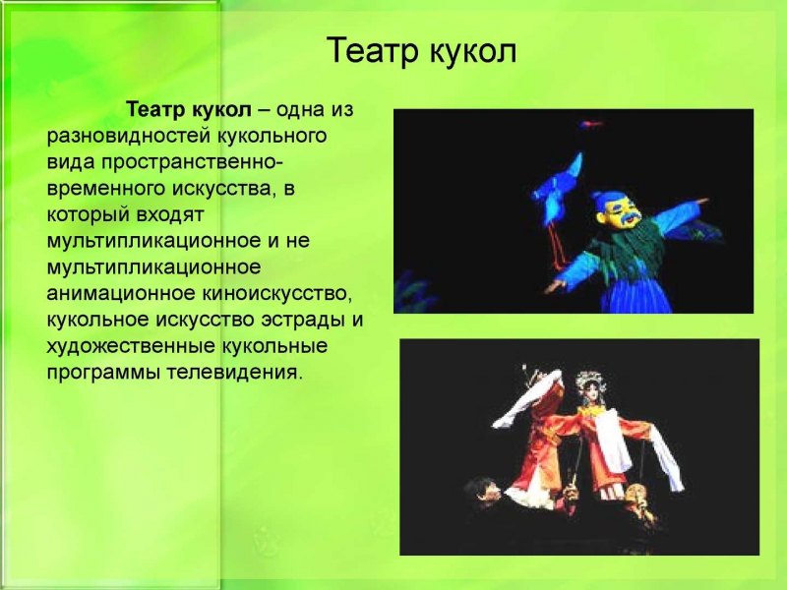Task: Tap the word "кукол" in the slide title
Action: coord(472,50)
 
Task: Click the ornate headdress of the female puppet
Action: coord(590,380)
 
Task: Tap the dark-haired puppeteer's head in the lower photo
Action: coord(482,489)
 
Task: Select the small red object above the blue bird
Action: coord(591,125)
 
